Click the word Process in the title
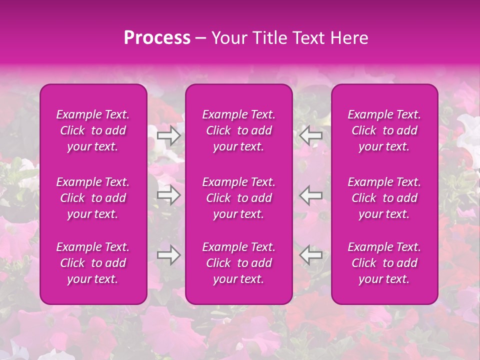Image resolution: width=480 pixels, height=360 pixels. [x=157, y=38]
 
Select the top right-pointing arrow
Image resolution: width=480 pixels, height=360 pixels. [x=169, y=135]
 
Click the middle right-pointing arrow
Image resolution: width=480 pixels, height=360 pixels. [x=169, y=195]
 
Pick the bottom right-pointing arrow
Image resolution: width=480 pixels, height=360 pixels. [x=169, y=255]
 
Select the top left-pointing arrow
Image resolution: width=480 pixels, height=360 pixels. [x=310, y=135]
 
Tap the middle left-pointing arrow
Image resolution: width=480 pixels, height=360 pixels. [x=310, y=195]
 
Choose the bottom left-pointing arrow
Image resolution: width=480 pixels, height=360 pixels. [x=310, y=255]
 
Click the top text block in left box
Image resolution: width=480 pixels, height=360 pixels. [x=93, y=130]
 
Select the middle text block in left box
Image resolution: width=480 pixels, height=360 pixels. [x=93, y=198]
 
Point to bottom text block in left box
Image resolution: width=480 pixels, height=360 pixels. [x=93, y=263]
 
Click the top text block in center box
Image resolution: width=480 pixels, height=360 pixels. [x=239, y=130]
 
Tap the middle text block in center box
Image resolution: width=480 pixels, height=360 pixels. [x=239, y=198]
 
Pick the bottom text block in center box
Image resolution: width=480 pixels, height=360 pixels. [x=239, y=263]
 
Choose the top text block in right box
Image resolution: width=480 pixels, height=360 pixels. [x=384, y=130]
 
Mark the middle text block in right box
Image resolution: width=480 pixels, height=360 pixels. [x=384, y=198]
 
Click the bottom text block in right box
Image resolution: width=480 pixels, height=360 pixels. [x=384, y=263]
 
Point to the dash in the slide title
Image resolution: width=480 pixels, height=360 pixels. [x=200, y=38]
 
